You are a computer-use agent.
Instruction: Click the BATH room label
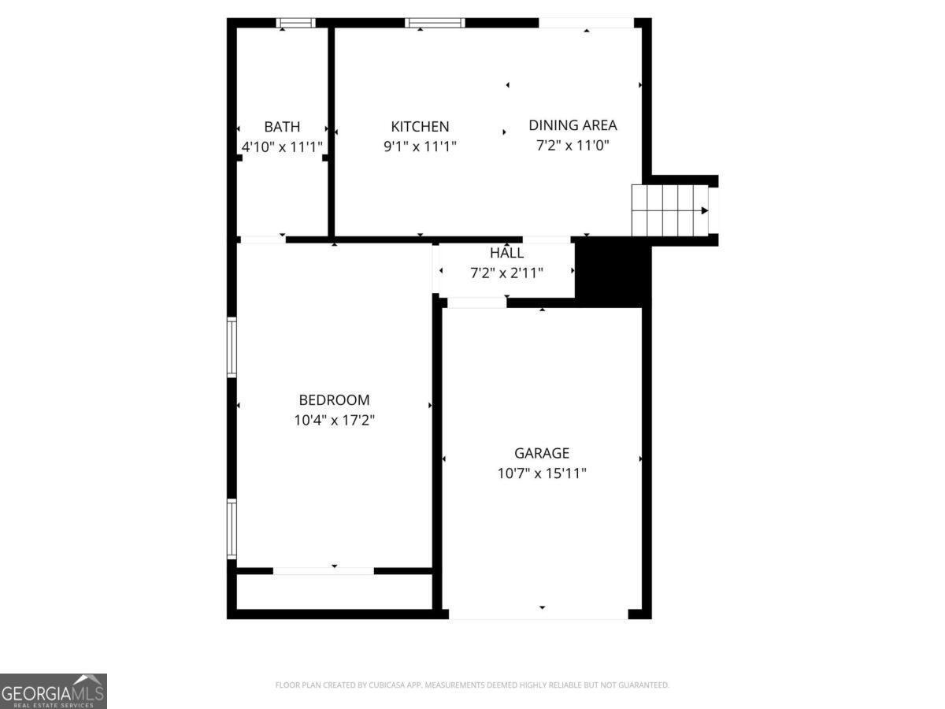pos(282,127)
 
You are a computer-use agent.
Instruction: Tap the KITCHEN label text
pos(420,127)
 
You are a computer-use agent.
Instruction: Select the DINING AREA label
pos(573,125)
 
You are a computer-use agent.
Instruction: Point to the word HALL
pos(506,253)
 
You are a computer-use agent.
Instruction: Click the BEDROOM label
pos(334,400)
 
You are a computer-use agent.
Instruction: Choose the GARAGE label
pos(542,453)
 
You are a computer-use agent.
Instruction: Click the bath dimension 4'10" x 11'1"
pos(282,147)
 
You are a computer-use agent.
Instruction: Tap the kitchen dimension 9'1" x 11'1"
pos(420,147)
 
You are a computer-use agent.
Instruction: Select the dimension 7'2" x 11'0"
pos(573,146)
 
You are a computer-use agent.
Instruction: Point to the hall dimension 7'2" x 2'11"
pos(506,273)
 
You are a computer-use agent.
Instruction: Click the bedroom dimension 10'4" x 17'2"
pos(334,420)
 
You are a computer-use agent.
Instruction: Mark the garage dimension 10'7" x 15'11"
pos(542,473)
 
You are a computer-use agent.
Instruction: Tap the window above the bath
pos(296,23)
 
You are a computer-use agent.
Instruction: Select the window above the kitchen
pos(435,23)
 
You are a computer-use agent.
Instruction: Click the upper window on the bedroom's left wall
pos(232,347)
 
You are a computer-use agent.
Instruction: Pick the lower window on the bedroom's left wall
pos(232,529)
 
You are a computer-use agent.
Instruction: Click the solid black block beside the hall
pos(613,273)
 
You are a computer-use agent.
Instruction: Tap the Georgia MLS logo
pos(54,691)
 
